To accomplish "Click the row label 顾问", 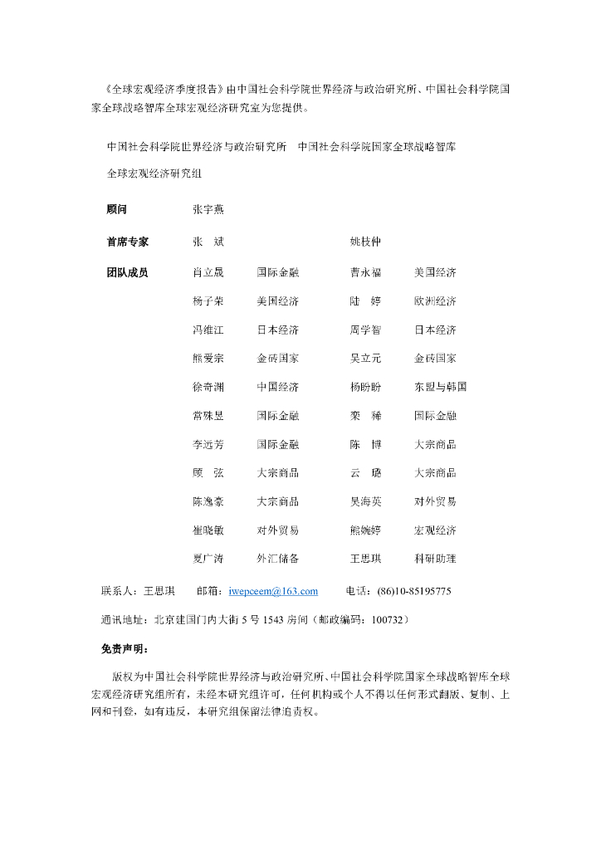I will (117, 210).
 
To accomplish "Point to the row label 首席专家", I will (128, 242).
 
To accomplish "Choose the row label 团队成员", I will (128, 272).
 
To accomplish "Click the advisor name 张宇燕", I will (208, 210).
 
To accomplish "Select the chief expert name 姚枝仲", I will (366, 242).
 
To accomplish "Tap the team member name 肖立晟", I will (208, 272).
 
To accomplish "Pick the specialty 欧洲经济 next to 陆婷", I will (435, 301).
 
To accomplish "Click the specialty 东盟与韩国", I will (440, 387).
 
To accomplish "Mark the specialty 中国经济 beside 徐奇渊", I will (278, 387).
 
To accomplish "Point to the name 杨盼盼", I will (366, 387).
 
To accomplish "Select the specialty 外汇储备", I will (278, 559).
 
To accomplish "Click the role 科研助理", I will (435, 559).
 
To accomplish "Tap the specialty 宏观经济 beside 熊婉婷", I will (435, 530).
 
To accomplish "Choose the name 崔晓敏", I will (208, 530).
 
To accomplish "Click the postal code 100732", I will (388, 619).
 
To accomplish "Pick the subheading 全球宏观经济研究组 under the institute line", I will (155, 174).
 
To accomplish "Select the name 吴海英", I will (366, 501).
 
